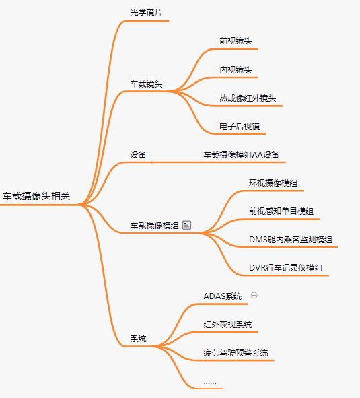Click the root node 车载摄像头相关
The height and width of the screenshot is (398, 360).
click(x=36, y=196)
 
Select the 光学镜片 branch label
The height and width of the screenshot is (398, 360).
click(x=146, y=13)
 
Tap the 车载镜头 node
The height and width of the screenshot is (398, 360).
click(x=146, y=84)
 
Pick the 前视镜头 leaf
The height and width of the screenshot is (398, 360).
click(x=236, y=41)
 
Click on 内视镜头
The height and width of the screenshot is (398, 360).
click(x=236, y=69)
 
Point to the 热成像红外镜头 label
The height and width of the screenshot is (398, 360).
click(x=248, y=98)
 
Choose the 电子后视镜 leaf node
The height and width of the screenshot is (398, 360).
click(x=240, y=126)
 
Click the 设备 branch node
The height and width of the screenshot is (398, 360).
click(x=138, y=155)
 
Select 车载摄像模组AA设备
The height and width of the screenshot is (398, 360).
click(x=242, y=155)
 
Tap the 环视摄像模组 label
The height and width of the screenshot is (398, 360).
click(x=273, y=183)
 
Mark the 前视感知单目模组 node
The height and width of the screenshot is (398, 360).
click(x=281, y=211)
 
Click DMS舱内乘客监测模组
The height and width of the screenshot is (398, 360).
click(x=291, y=239)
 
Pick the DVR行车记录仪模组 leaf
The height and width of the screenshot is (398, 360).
click(x=286, y=268)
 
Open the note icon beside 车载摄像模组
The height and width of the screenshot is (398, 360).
click(x=186, y=225)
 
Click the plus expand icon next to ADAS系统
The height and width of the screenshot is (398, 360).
click(x=254, y=295)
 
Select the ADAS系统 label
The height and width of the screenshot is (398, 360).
click(x=223, y=296)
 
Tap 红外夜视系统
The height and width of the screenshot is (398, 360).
click(x=227, y=325)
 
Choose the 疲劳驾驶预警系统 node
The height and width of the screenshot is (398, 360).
click(x=236, y=353)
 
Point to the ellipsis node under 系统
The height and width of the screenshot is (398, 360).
click(x=210, y=383)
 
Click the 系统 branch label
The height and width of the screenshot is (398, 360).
click(x=138, y=339)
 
